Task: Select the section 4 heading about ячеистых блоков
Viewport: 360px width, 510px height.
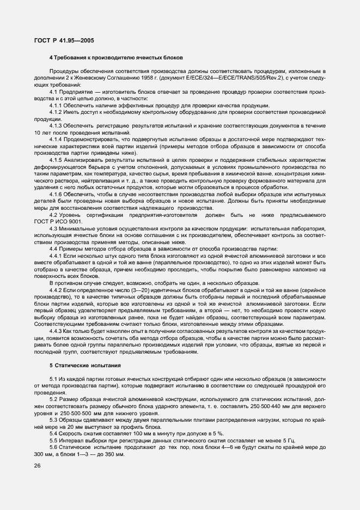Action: click(116, 58)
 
